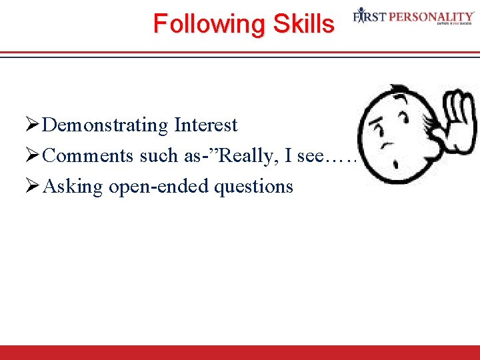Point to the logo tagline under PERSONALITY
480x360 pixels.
coord(455,23)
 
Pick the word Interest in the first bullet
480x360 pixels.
coord(206,125)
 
